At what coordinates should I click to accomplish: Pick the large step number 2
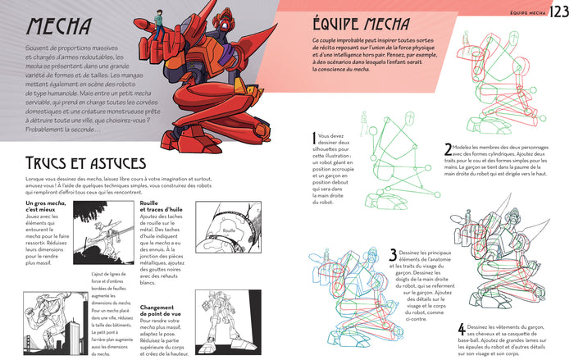coord(448,149)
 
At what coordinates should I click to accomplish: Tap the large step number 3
coord(393,256)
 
